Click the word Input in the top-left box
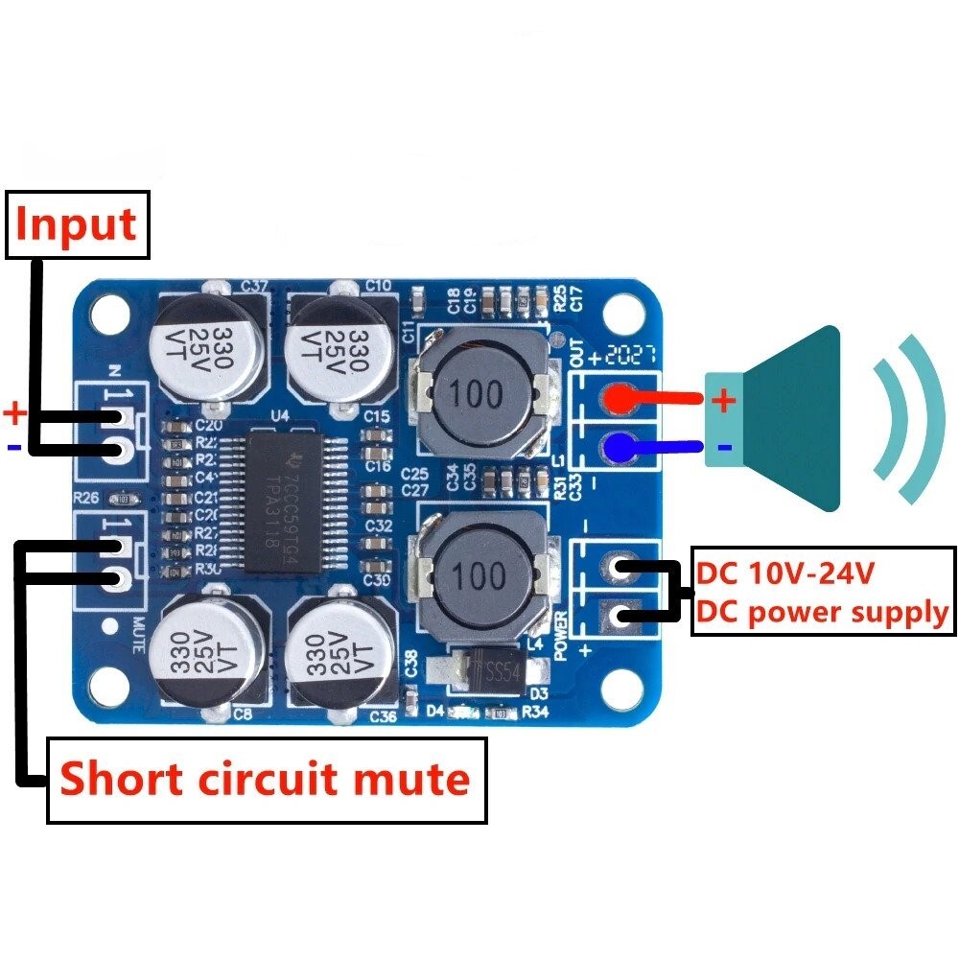[x=77, y=224]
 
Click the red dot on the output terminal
[x=621, y=399]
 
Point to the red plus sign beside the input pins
[x=15, y=414]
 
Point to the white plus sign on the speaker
[x=725, y=400]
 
